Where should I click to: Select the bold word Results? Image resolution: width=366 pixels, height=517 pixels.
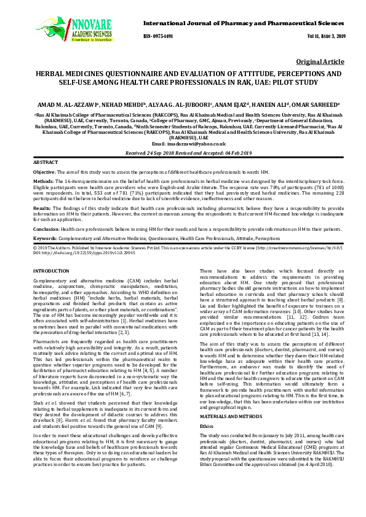tap(42, 209)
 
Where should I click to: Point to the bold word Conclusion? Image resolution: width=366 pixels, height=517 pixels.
tap(46, 228)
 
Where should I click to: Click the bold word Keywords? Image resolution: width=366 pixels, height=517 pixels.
tap(45, 238)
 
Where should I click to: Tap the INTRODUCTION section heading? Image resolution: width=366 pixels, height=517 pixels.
tap(50, 271)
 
